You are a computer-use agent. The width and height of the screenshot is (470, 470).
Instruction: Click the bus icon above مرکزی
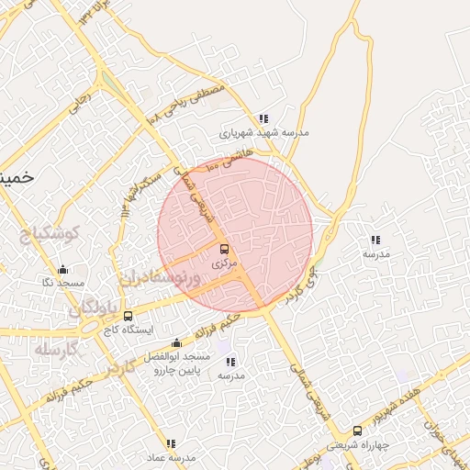224,249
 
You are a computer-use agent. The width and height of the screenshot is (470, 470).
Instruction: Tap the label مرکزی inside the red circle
224,263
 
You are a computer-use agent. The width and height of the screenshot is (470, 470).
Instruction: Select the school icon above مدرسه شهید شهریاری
263,118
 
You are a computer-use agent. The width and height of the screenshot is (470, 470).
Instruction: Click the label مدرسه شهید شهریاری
263,132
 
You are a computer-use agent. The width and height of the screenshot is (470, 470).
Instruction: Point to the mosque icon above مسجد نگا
62,269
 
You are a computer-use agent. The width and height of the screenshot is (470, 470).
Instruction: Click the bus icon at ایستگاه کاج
128,317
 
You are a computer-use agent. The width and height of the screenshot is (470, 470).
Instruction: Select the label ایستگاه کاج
128,330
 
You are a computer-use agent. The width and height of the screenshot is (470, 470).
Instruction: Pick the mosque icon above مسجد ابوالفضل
176,343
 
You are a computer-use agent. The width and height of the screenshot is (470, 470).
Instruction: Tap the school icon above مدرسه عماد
171,443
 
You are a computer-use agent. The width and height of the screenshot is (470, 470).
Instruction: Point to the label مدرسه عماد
171,457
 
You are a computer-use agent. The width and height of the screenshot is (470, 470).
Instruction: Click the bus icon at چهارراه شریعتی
357,431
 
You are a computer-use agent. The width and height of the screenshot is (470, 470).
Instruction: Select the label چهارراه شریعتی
358,444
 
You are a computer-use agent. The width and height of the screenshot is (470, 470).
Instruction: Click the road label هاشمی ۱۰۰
228,163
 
